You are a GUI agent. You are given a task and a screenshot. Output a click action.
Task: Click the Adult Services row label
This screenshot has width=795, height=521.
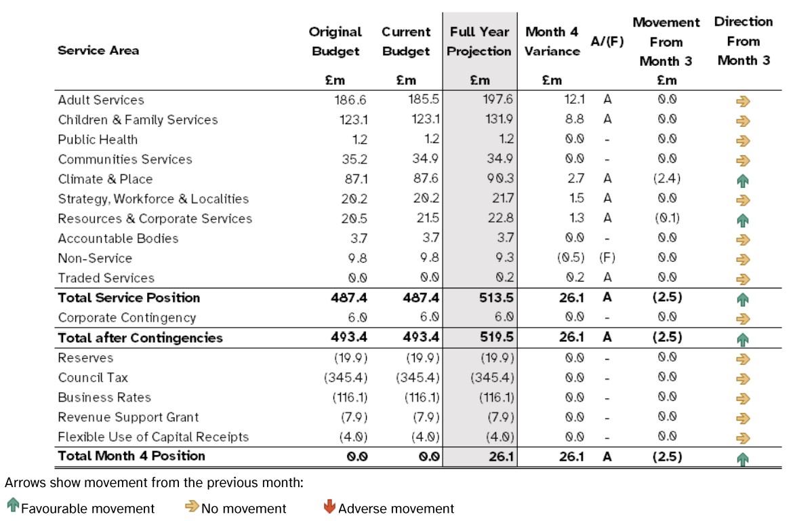(x=101, y=100)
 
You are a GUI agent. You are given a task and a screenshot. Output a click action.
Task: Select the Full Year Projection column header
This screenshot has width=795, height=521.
(x=479, y=41)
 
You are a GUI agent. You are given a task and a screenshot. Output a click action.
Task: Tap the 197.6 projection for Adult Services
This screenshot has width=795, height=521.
(x=497, y=100)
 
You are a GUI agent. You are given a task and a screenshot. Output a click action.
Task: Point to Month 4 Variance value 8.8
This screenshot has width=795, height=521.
(x=575, y=119)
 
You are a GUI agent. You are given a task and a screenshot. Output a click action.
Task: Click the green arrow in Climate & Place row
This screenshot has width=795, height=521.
(x=743, y=180)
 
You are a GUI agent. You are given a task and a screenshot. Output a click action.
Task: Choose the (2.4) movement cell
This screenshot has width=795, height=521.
(x=667, y=178)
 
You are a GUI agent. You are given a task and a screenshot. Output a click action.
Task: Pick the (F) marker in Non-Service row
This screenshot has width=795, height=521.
(x=607, y=258)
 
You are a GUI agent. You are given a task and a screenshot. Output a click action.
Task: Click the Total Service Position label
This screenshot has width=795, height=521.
(x=129, y=298)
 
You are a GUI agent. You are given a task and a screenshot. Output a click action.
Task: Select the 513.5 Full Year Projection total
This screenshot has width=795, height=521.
(x=496, y=298)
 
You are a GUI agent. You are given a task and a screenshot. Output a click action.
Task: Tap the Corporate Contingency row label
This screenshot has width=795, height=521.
(x=127, y=317)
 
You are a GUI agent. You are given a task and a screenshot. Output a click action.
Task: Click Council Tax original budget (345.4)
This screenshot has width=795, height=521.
(x=346, y=378)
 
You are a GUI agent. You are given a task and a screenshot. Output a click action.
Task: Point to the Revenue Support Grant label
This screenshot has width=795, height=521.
(x=128, y=417)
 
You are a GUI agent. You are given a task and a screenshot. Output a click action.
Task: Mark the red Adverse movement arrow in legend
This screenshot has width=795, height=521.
(x=329, y=506)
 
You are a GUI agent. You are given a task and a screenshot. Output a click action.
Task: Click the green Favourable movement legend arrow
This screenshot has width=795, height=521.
(x=13, y=505)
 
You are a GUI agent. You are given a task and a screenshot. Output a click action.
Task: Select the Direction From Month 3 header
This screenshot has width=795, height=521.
(x=743, y=41)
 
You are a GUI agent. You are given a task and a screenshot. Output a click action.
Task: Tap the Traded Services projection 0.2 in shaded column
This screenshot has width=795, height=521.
(x=504, y=277)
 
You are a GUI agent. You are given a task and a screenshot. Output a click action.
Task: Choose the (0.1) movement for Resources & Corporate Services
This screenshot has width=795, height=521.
(x=667, y=218)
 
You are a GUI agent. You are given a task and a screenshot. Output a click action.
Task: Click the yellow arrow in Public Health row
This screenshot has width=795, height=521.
(x=743, y=140)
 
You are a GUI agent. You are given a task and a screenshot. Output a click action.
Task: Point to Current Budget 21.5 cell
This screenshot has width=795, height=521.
(x=428, y=218)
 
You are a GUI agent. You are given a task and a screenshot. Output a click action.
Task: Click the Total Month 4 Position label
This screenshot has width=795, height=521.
(x=131, y=456)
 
